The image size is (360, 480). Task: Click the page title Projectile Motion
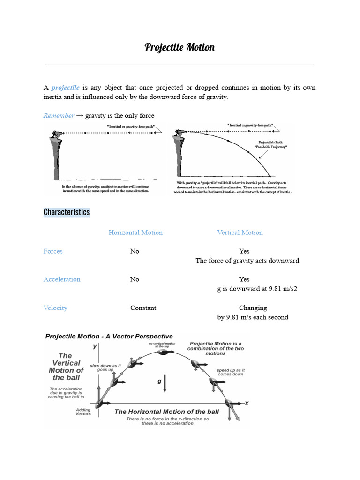180,47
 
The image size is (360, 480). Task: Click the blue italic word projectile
65,88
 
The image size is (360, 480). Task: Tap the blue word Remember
59,115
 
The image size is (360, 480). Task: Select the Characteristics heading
66,212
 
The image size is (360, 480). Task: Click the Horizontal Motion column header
135,232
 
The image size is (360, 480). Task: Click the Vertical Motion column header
240,232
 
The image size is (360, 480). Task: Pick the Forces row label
53,251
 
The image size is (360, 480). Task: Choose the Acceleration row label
62,279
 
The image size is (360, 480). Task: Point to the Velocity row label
55,308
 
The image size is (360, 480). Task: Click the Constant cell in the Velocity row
143,308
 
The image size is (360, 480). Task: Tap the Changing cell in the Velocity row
253,308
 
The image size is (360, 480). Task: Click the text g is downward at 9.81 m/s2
257,289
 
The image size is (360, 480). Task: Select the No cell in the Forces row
135,251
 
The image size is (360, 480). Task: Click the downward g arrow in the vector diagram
165,387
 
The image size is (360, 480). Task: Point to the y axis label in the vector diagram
95,346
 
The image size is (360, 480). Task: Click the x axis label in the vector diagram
246,403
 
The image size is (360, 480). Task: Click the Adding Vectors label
83,412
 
